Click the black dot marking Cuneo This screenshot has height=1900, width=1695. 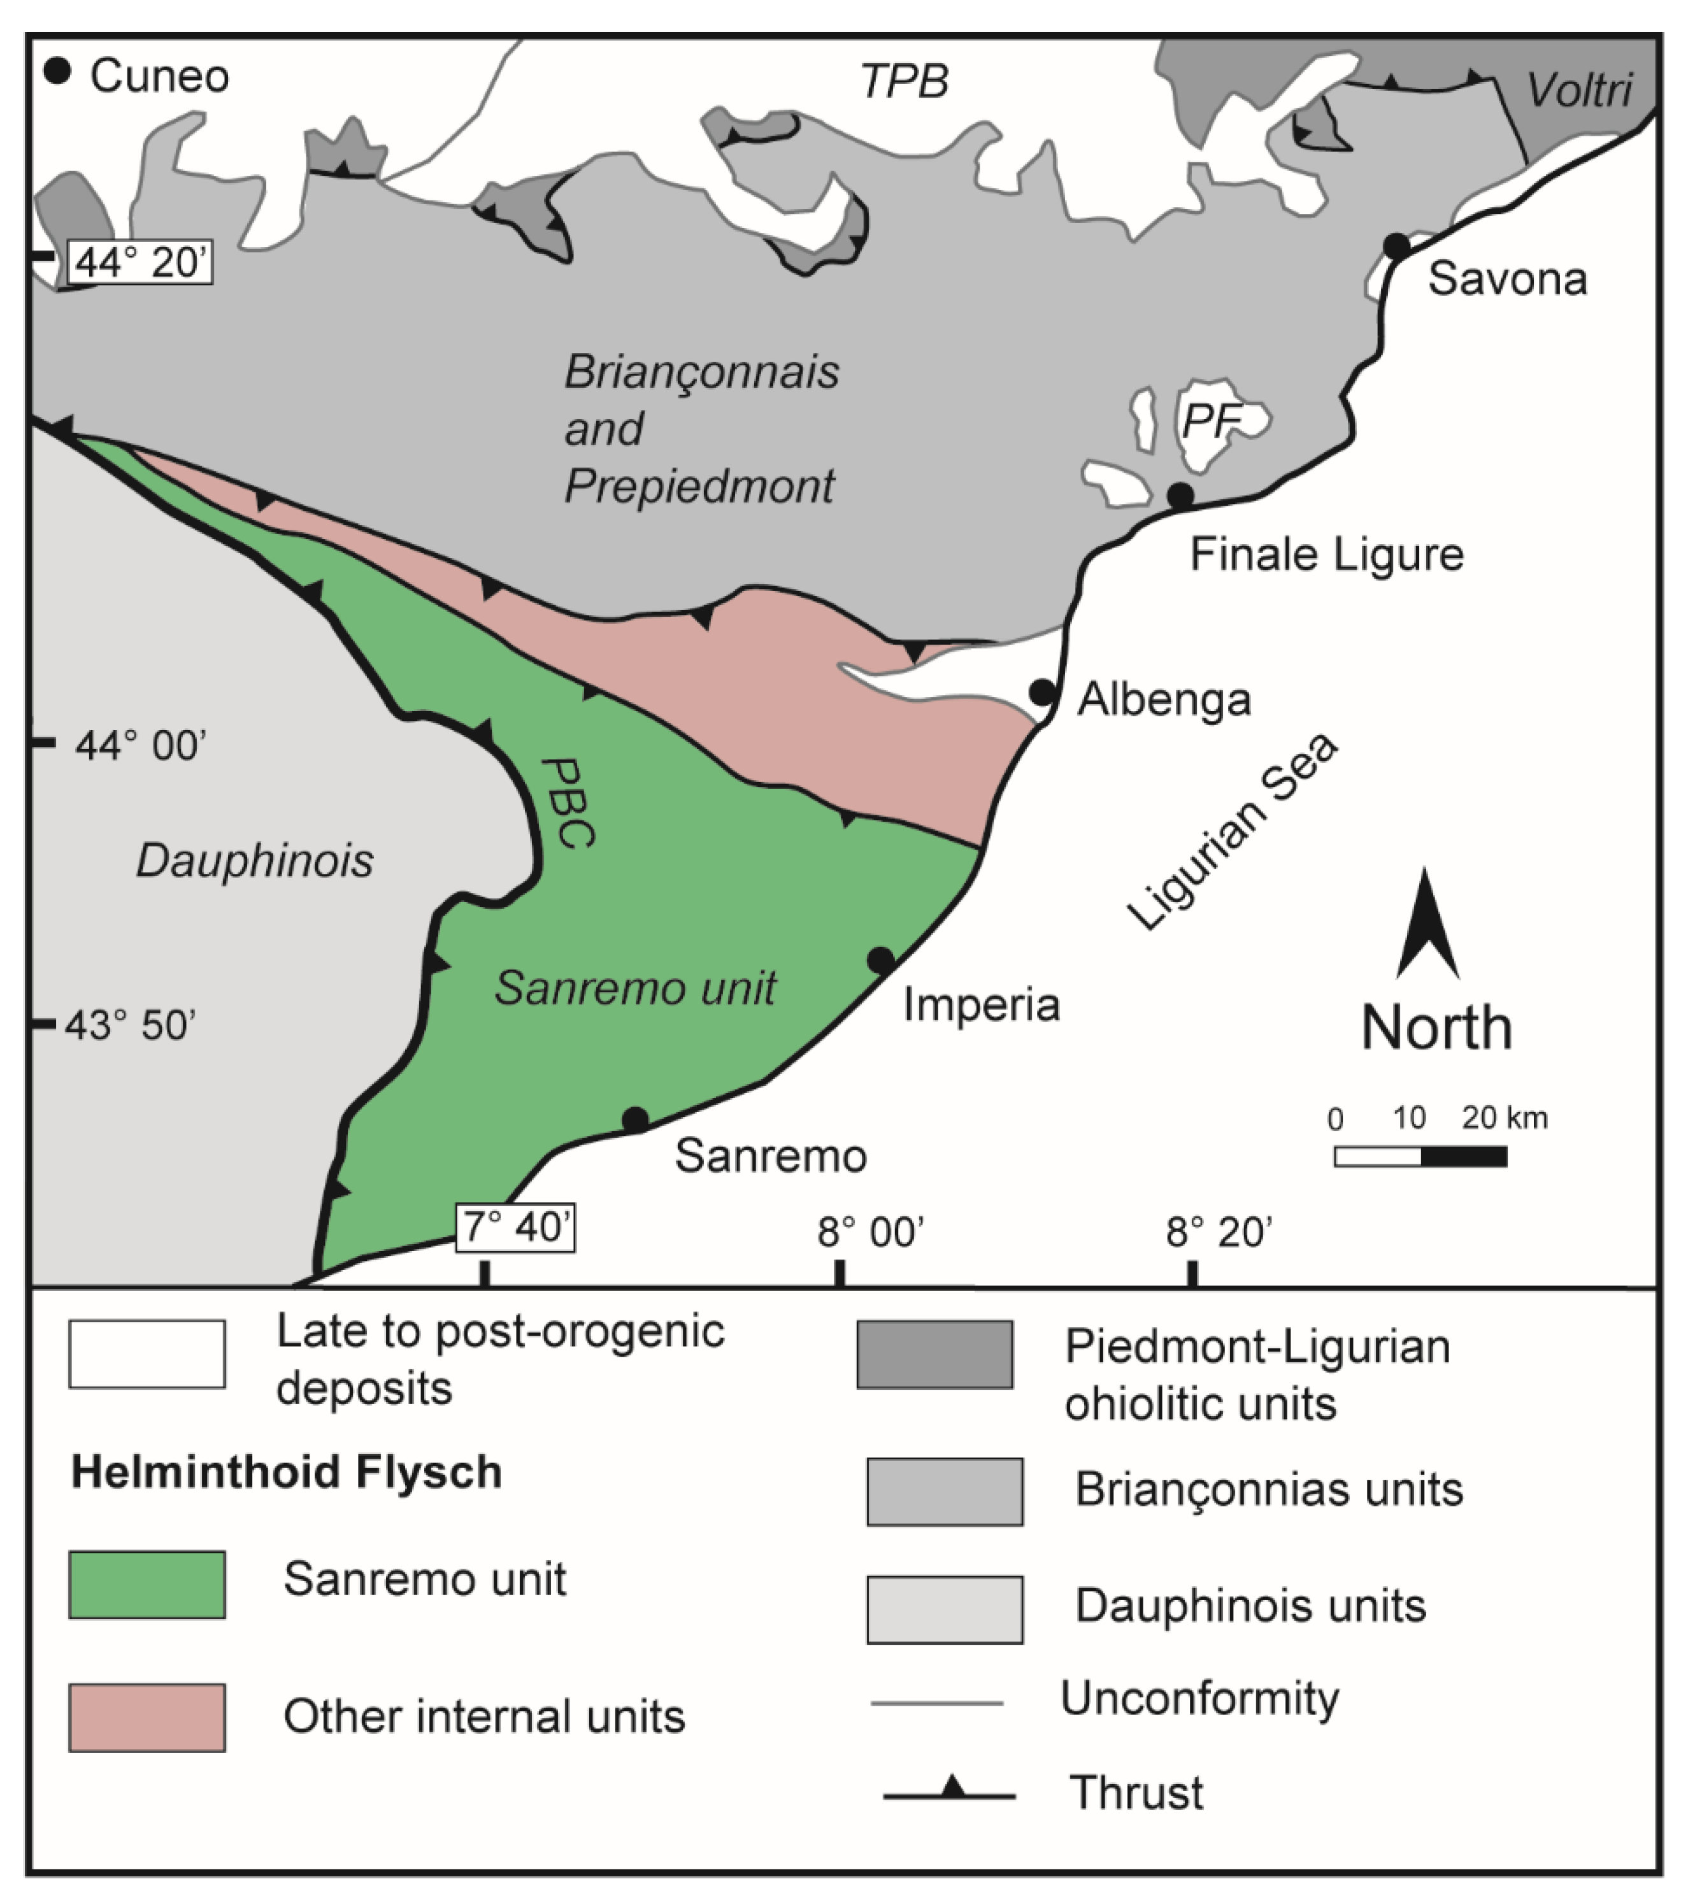click(x=58, y=72)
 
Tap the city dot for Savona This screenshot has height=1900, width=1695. click(x=1396, y=246)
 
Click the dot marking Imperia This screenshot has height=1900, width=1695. click(x=880, y=961)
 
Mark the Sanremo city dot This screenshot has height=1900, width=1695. click(x=634, y=1120)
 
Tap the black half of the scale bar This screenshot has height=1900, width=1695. click(x=1463, y=1157)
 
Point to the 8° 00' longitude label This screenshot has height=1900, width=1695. click(x=871, y=1232)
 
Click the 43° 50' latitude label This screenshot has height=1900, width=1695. click(x=131, y=1025)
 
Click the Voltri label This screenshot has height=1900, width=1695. click(x=1578, y=90)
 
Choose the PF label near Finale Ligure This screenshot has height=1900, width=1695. click(x=1211, y=421)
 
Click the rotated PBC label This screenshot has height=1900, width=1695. click(x=568, y=803)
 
